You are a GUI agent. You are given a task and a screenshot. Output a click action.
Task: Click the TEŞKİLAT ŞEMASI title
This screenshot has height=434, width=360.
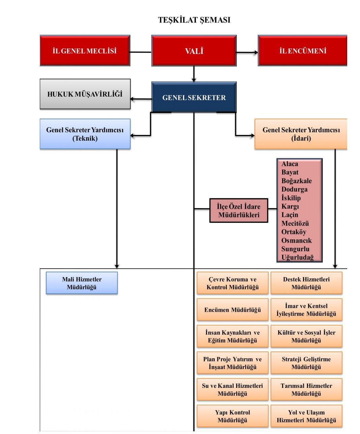[x=194, y=20]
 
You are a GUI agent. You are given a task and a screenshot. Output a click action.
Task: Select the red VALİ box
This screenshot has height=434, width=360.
[x=194, y=51]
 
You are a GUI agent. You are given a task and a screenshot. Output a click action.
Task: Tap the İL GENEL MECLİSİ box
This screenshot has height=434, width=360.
[x=85, y=51]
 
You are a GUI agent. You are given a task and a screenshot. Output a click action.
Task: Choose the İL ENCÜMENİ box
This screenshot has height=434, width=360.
[x=302, y=51]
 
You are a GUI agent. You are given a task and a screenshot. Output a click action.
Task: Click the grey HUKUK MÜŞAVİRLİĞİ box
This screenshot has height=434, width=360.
[x=85, y=94]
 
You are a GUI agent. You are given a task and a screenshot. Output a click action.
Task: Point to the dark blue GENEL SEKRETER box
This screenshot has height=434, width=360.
[x=194, y=98]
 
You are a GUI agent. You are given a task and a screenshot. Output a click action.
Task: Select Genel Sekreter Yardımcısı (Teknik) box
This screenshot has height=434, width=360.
[x=85, y=134]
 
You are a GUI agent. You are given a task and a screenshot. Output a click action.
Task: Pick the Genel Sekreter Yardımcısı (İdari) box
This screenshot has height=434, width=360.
[x=301, y=134]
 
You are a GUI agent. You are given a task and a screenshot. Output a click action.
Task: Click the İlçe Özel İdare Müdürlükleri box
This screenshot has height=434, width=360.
[x=239, y=211]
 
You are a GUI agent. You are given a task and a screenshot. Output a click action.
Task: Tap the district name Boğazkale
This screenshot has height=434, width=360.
[x=296, y=181]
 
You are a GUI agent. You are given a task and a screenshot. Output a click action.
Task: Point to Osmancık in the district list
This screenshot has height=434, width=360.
[x=296, y=240]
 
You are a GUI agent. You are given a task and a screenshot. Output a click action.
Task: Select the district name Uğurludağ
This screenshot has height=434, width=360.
[x=297, y=258]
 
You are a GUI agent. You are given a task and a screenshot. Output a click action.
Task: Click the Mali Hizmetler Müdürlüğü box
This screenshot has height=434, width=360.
[x=82, y=283]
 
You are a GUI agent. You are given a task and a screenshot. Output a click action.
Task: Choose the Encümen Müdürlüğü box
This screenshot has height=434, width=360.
[x=233, y=310]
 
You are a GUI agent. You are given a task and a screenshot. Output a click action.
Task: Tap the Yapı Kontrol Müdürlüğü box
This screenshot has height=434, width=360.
[x=233, y=416]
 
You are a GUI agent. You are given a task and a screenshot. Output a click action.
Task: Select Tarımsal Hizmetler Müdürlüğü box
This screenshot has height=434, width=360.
[x=306, y=390]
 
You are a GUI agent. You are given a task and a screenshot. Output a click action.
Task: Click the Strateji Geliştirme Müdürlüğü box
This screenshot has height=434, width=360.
[x=306, y=363]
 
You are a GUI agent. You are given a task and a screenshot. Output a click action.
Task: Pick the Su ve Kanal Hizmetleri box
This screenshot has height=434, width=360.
[x=233, y=390]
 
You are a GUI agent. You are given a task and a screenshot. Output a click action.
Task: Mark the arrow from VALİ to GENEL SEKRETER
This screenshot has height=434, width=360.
[x=194, y=74]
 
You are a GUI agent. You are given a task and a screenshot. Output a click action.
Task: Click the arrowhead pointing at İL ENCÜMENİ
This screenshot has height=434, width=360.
[x=256, y=53]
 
